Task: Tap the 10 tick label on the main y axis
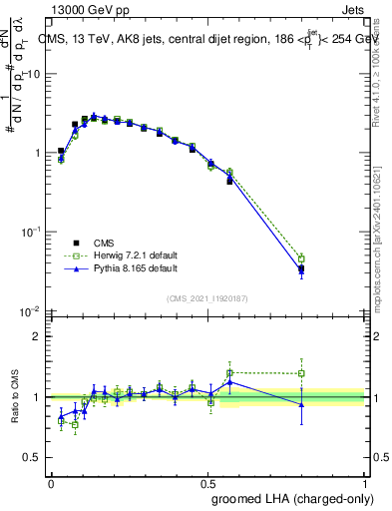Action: point(33,75)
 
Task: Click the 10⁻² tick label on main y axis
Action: point(30,310)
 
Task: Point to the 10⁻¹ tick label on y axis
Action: point(30,232)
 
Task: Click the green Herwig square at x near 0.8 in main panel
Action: point(301,258)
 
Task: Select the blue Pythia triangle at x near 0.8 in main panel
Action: point(301,269)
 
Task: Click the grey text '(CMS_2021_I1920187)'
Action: point(207,297)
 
